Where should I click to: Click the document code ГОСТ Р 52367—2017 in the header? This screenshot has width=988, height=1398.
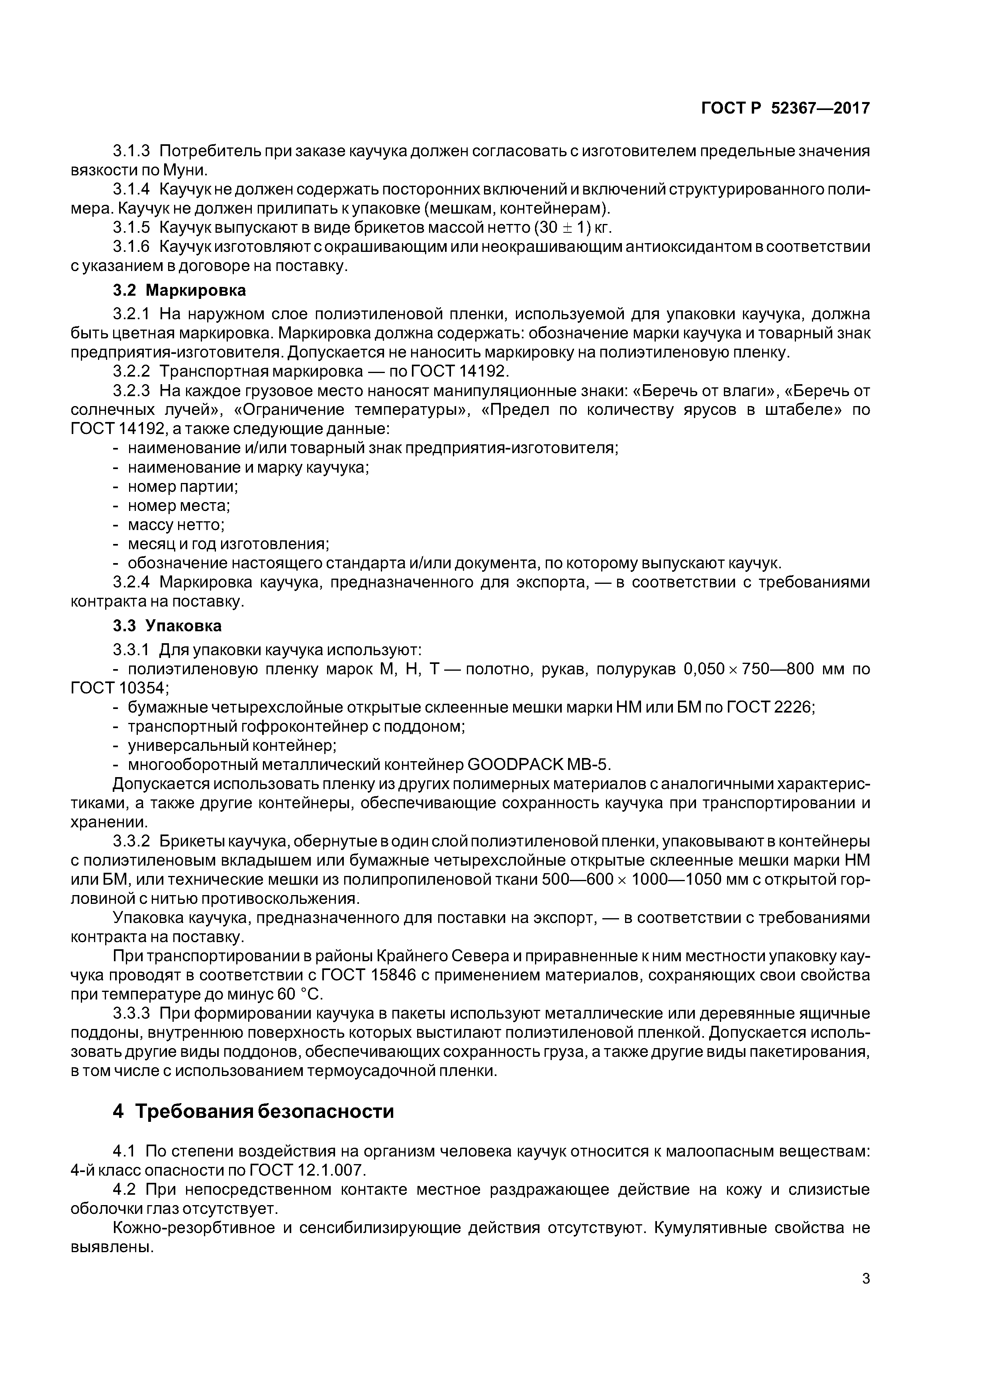785,108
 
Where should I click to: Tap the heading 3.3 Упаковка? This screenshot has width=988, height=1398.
167,626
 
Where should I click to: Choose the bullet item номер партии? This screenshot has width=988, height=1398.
182,487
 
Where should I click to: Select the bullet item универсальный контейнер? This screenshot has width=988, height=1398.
232,745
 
